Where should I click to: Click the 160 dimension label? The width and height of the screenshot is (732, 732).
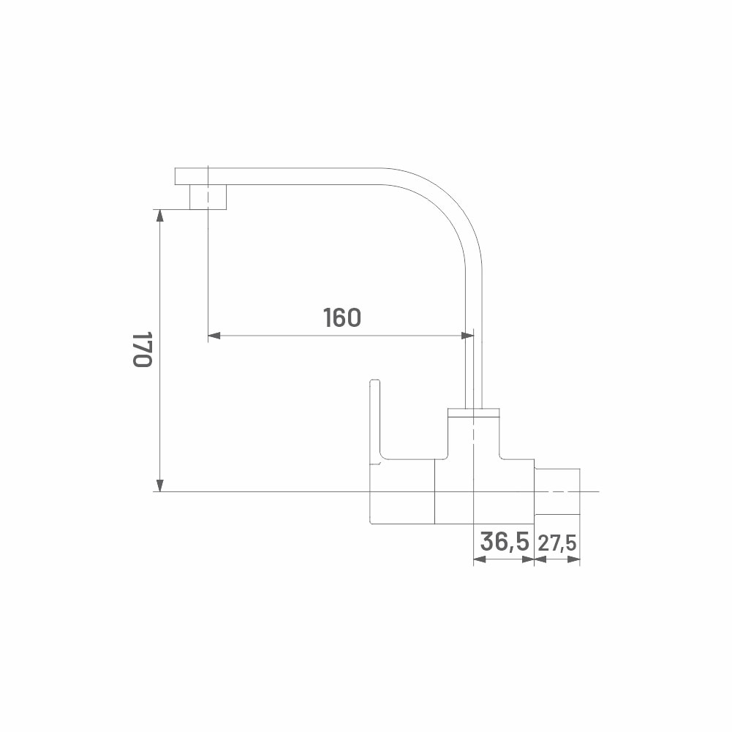tap(342, 317)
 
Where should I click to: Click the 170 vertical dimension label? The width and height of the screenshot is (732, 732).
tap(142, 350)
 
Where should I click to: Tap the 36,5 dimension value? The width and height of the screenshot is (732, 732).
tap(504, 542)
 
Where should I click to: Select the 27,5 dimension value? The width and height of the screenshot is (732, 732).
tap(557, 543)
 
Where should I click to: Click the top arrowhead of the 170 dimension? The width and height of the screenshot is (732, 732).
tap(159, 216)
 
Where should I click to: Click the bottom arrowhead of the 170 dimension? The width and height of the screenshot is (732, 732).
tap(159, 485)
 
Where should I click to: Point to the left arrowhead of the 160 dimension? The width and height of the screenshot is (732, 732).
tap(214, 335)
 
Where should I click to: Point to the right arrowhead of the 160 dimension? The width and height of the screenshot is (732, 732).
tap(467, 335)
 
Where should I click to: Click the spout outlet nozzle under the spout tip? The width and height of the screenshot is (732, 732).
tap(208, 197)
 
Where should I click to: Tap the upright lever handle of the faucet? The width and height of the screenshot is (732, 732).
tap(376, 420)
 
